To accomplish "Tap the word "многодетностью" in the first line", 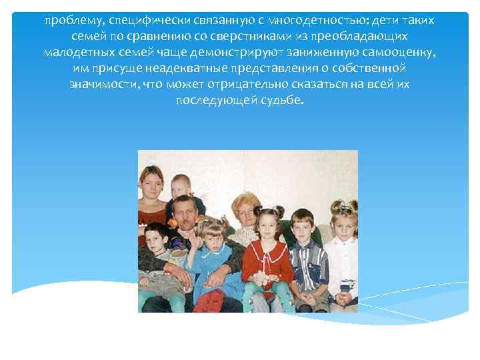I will pos(291,20).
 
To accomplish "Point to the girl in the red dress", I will pos(267,257).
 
